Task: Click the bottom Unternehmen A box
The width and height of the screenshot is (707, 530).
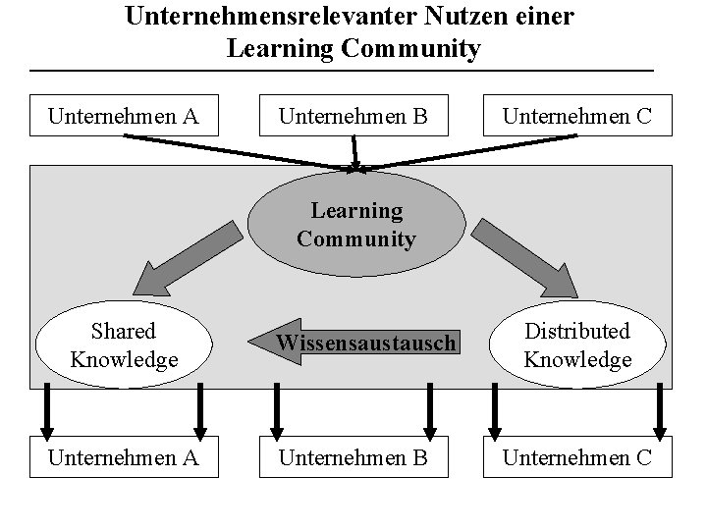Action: coord(124,458)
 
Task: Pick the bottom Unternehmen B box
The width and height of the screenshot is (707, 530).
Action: coord(353,458)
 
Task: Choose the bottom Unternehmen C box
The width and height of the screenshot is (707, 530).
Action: coord(576,458)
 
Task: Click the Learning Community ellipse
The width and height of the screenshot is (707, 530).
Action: coord(355,225)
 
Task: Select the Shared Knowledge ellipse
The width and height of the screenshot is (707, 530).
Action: coord(124,344)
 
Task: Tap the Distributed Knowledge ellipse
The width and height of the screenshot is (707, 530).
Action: coord(577,344)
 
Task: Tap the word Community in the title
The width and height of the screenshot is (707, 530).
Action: coord(410,48)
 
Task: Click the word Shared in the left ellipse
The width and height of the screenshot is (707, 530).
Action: coord(124,332)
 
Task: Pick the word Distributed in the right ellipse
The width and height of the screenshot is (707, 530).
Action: coord(577,332)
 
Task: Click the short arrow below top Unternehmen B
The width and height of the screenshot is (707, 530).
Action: coord(354,153)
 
